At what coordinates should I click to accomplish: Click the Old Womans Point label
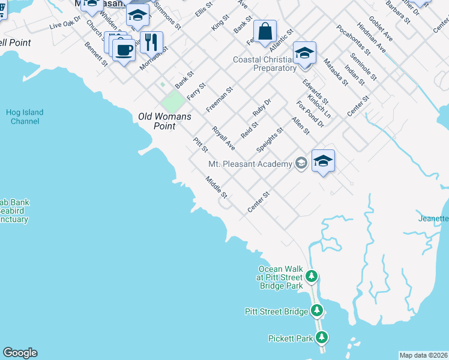[x=157, y=121]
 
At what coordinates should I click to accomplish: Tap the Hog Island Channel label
[x=25, y=116]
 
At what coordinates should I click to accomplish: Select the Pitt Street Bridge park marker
[x=317, y=311]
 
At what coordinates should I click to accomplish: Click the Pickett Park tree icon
[x=322, y=338]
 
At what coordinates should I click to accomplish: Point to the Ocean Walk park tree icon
[x=312, y=276]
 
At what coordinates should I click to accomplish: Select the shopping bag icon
[x=265, y=31]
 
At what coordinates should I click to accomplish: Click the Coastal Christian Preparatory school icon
[x=304, y=53]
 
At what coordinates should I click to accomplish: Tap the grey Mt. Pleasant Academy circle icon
[x=301, y=164]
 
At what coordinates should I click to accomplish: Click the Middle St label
[x=217, y=187]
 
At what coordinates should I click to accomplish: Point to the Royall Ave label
[x=223, y=137]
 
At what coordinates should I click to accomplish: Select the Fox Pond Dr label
[x=310, y=113]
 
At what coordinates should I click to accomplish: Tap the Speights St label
[x=270, y=139]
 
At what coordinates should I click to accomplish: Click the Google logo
[x=20, y=353]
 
